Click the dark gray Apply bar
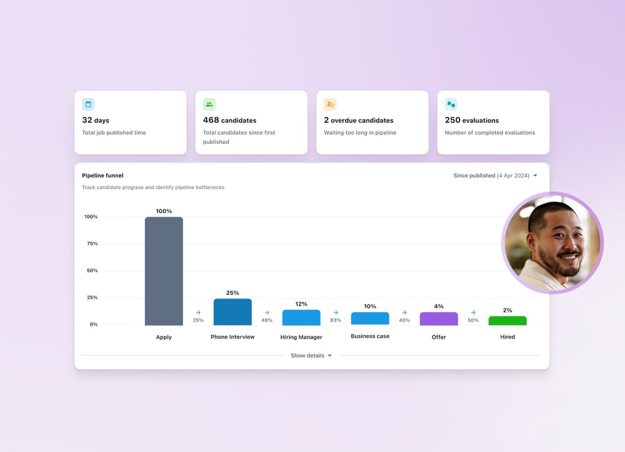(x=164, y=271)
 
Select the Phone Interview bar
(x=232, y=312)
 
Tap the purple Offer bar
(x=439, y=319)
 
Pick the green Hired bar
(x=507, y=321)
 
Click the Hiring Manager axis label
(x=301, y=337)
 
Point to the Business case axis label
(x=370, y=336)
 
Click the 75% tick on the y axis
(x=91, y=244)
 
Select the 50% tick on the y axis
(x=91, y=271)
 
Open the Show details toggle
(x=311, y=356)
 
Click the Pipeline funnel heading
(x=102, y=176)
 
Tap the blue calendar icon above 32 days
(x=88, y=104)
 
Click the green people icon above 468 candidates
(x=209, y=104)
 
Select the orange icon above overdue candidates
(x=330, y=104)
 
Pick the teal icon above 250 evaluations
(x=451, y=104)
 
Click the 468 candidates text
(x=229, y=120)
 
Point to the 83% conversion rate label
(x=336, y=320)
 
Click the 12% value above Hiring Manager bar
(x=301, y=304)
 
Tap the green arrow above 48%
(x=267, y=313)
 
